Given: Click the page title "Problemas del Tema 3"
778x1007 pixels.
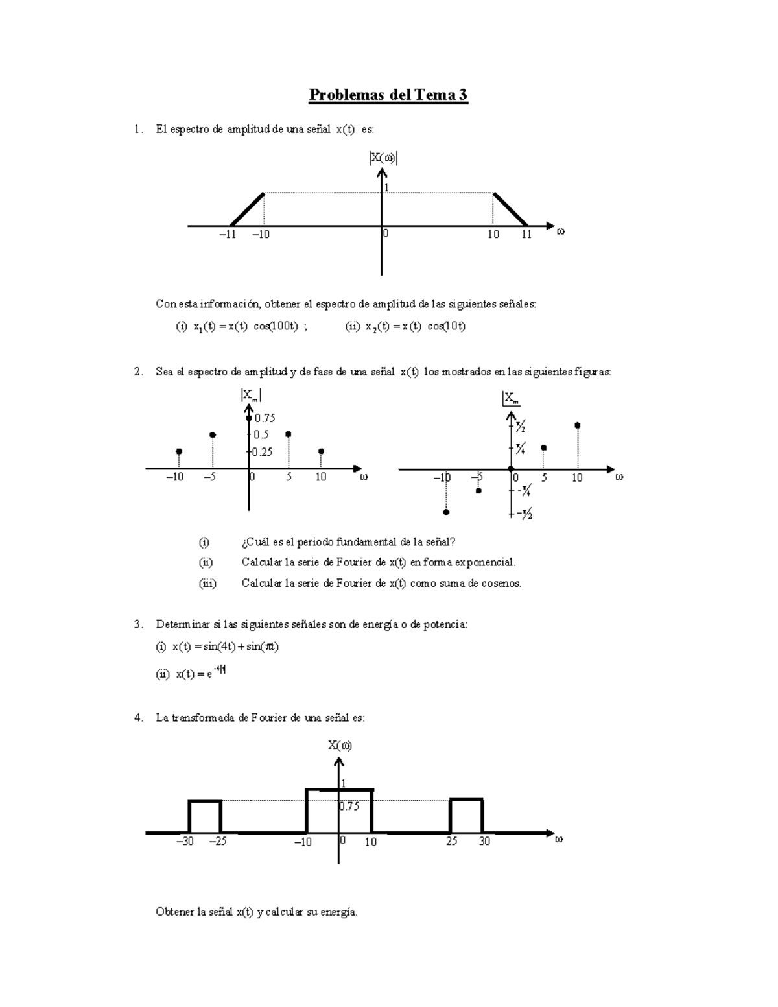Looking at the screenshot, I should point(388,95).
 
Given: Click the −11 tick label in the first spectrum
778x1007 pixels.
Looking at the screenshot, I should point(227,235).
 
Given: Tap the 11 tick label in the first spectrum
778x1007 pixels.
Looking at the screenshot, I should point(526,235).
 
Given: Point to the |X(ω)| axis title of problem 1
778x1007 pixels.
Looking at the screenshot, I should point(383,158).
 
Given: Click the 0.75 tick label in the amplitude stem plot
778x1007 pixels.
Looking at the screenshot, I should point(265,418).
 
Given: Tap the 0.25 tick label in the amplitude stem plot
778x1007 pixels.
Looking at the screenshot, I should point(263,452).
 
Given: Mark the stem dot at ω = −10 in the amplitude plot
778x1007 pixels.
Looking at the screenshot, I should point(179,451).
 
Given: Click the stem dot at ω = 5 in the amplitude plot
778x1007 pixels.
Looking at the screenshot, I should point(289,434).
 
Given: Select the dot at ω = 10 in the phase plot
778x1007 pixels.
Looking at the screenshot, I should point(577,425).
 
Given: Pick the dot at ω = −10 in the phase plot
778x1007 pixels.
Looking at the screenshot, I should point(446,512).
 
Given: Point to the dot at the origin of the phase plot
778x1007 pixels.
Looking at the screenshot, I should point(511,469).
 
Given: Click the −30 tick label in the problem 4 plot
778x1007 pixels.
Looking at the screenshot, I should point(185,842).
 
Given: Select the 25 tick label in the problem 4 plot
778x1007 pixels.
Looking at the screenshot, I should point(451,842).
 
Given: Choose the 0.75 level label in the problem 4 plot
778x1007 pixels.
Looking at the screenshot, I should point(349,807).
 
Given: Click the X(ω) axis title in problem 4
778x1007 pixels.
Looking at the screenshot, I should point(340,745).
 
